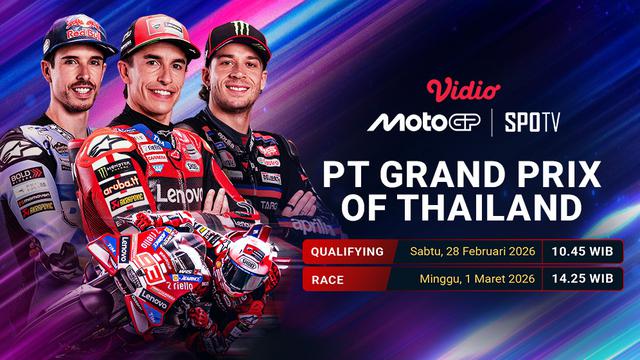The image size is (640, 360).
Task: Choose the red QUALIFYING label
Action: tap(347, 252)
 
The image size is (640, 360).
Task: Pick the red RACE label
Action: tap(330, 278)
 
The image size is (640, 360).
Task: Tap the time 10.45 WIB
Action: tap(580, 252)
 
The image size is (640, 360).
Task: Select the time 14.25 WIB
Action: tap(580, 278)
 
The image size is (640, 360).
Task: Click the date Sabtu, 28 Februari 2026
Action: tap(467, 252)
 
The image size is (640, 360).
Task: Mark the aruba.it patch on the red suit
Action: tap(120, 184)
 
